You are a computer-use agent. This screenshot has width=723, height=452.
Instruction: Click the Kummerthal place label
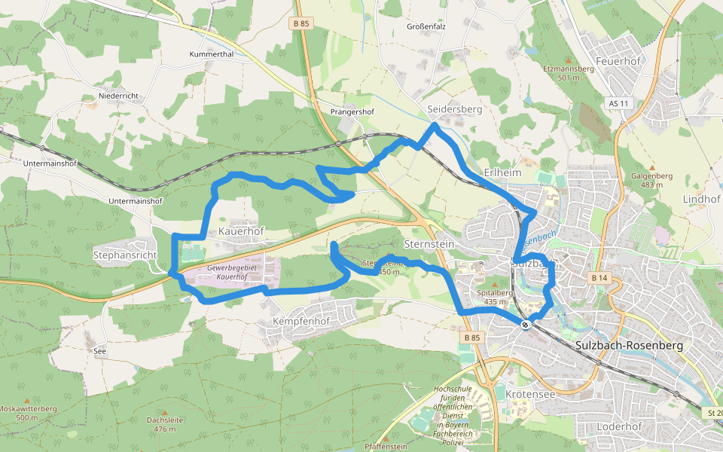[212, 55]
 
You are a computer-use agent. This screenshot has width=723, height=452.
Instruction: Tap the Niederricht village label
[118, 96]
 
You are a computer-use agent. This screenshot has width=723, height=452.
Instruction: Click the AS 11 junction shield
[618, 102]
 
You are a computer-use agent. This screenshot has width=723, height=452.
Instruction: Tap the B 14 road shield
[599, 279]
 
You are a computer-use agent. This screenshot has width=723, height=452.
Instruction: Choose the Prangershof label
[352, 111]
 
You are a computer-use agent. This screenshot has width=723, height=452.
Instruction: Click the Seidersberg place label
[454, 109]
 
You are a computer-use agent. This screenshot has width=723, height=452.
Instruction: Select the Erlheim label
[503, 173]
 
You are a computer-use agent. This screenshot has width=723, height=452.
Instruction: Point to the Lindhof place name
[701, 199]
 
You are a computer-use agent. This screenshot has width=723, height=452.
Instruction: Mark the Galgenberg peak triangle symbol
[652, 167]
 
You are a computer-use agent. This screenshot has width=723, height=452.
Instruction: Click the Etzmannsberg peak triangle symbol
[569, 60]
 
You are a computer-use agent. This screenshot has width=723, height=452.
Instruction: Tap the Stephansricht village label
[125, 255]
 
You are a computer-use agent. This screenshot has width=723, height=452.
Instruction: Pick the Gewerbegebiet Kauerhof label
[232, 273]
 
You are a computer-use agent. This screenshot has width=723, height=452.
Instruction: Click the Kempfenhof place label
[301, 321]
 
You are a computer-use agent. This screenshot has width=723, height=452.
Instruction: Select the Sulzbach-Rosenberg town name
[628, 345]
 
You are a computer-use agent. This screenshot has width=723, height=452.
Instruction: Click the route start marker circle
[526, 325]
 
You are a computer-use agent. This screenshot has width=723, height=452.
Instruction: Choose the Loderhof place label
[619, 426]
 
